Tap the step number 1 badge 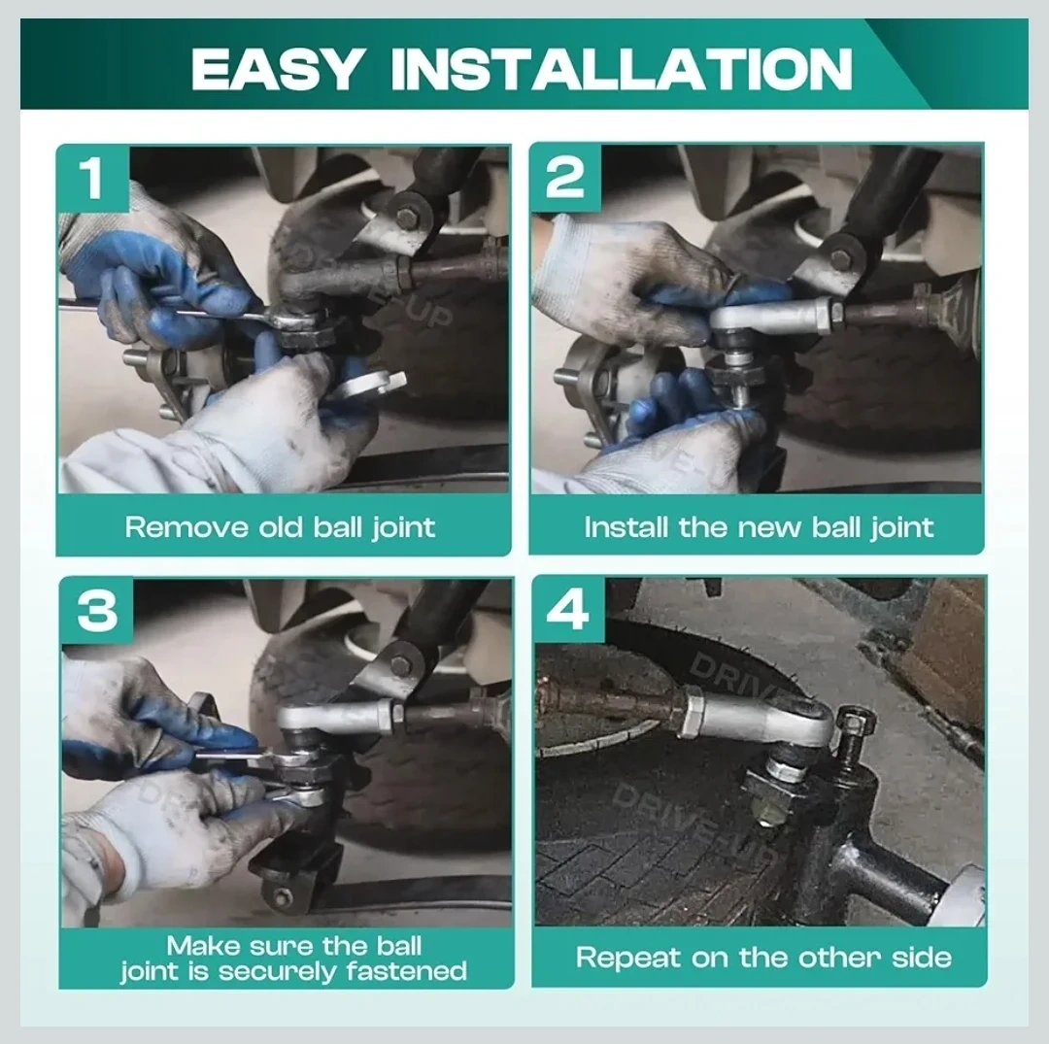[93, 179]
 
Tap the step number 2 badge [565, 177]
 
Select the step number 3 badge [97, 611]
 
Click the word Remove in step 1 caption [186, 527]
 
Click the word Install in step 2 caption [626, 527]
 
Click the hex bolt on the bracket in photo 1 [406, 217]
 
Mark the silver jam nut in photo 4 [692, 717]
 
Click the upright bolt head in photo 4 [857, 722]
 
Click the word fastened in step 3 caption [407, 970]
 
